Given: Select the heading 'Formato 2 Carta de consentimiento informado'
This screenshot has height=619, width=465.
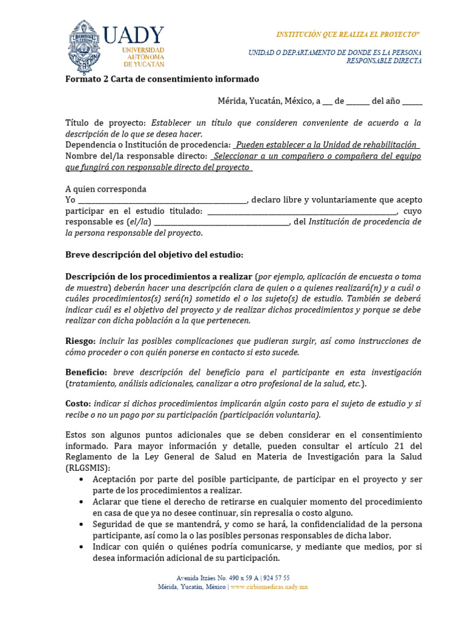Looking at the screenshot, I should [162, 79].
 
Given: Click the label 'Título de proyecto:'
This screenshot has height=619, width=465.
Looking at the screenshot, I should [106, 123].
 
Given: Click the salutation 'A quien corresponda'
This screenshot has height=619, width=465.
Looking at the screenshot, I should [105, 189].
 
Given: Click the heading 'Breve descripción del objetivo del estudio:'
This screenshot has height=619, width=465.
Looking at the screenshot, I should [154, 254].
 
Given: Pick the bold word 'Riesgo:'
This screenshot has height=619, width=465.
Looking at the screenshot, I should [81, 341].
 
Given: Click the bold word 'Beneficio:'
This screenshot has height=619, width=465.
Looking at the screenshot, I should [87, 372].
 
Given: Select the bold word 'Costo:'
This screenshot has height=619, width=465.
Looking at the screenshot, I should [78, 403].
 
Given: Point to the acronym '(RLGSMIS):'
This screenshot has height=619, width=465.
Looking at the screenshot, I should [88, 468].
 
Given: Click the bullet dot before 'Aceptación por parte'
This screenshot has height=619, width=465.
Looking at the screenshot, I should [82, 479].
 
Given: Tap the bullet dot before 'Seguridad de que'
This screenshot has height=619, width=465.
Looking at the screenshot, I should [82, 524].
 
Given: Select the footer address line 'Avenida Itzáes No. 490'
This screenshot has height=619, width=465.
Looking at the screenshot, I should [232, 578].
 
